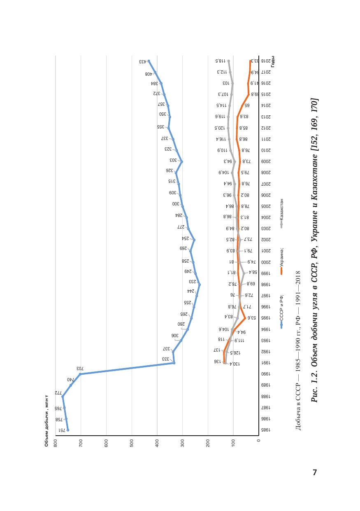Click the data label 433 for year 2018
pos(143,62)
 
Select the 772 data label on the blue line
pos(58,393)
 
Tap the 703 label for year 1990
pos(80,369)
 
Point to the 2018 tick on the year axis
pos(266,61)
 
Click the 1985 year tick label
pos(266,430)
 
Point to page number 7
pos(315,473)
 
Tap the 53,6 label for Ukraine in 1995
pos(252,318)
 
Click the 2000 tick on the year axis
pos(266,262)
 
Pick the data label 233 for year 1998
pos(192,282)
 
